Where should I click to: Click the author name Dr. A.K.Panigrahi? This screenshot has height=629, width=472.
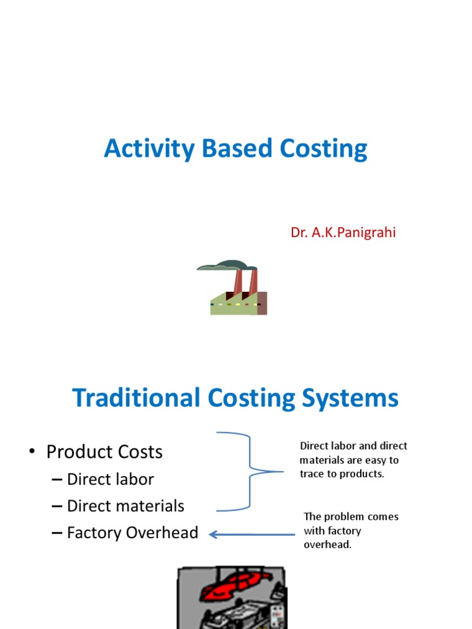tap(343, 233)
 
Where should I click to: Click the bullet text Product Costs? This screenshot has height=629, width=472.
tap(104, 452)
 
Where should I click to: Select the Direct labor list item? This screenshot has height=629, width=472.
tap(110, 479)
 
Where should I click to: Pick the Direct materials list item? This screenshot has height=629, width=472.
tap(125, 506)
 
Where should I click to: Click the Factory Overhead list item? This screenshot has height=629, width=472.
tap(132, 533)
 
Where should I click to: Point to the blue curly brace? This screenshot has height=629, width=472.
tap(249, 472)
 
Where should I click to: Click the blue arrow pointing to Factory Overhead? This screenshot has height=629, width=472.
tap(252, 534)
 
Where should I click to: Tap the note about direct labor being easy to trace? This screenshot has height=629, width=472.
tap(353, 460)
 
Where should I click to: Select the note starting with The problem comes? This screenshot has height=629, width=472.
tap(351, 531)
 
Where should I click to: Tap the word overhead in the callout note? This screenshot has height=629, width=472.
tap(328, 545)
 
